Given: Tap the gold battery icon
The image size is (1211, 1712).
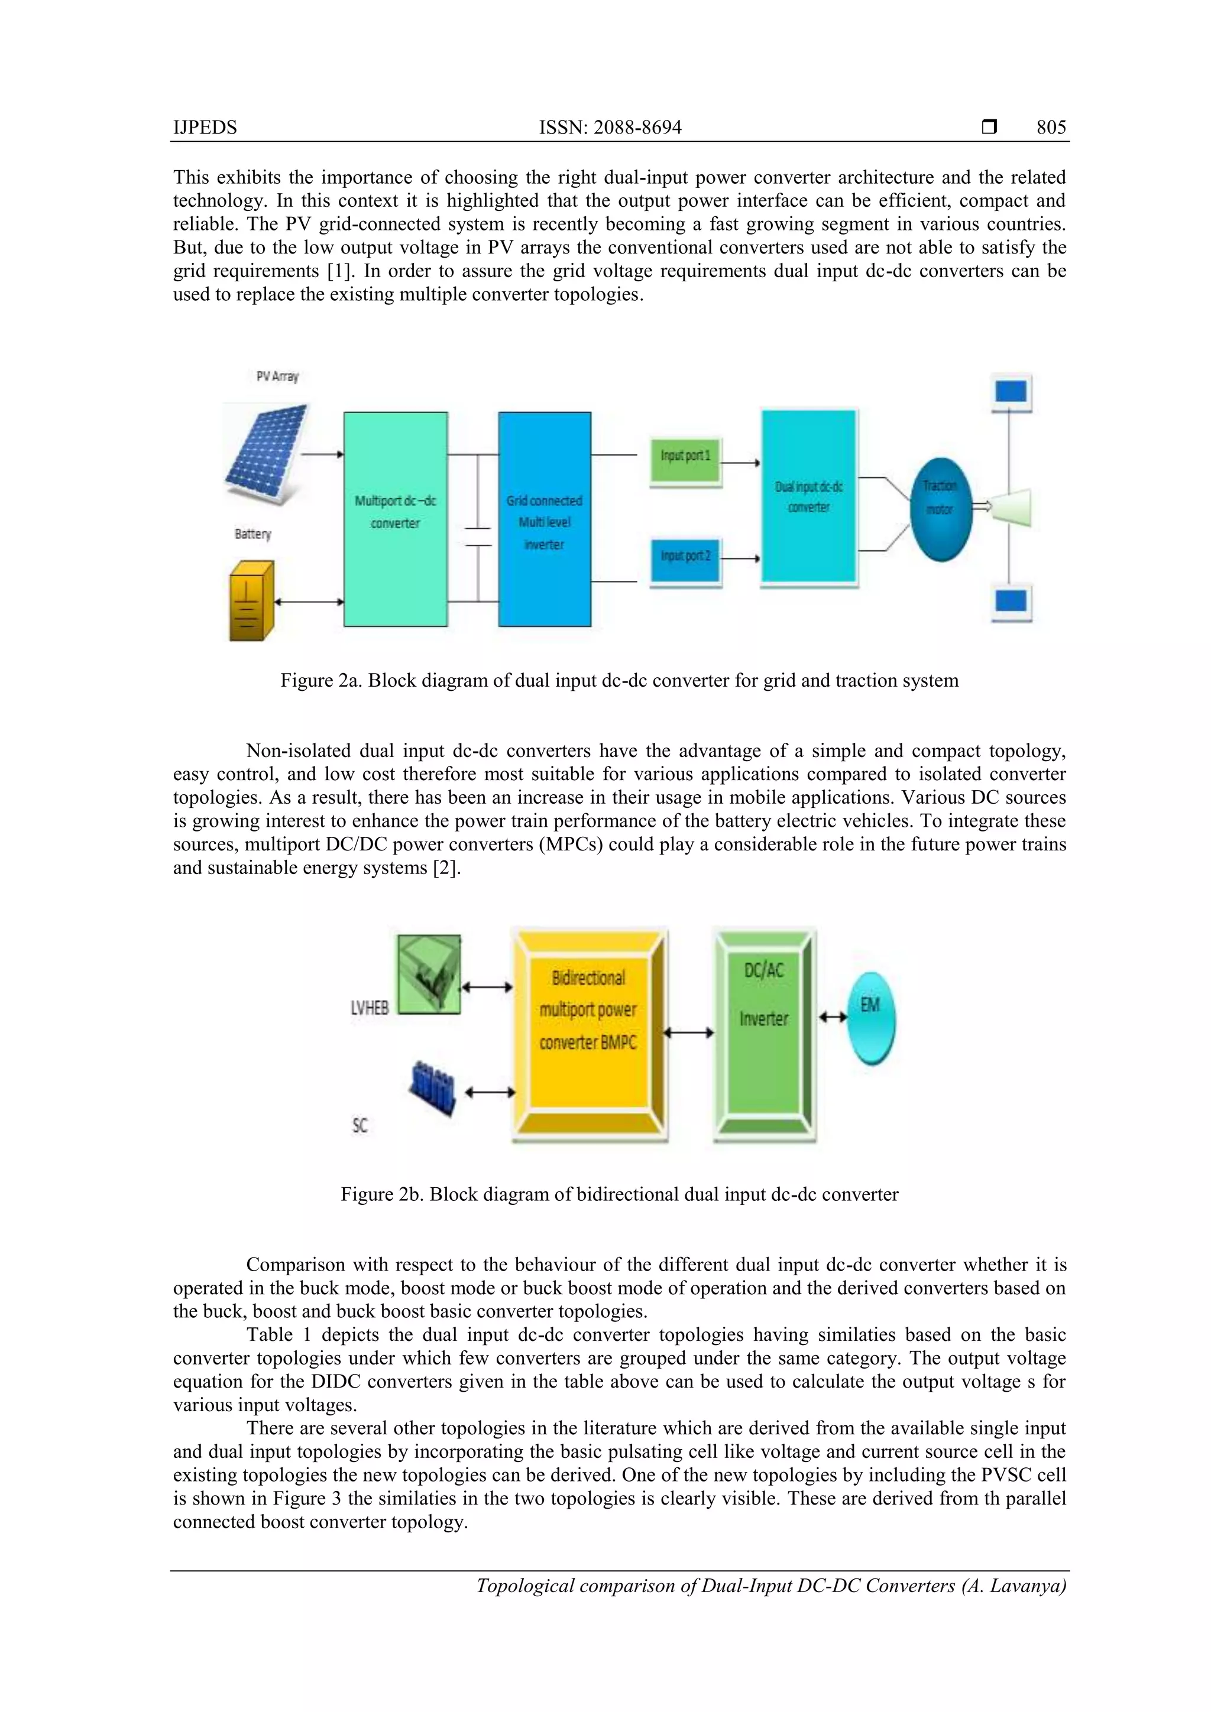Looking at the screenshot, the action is tap(251, 600).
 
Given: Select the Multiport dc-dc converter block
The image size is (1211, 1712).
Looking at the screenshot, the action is tap(396, 519).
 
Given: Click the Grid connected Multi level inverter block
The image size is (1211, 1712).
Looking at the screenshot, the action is tap(544, 519).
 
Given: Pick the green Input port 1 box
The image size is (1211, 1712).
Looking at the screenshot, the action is tap(685, 456).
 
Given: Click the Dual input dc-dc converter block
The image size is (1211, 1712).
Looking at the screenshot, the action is tap(809, 498).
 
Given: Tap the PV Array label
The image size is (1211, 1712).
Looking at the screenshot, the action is tap(277, 376).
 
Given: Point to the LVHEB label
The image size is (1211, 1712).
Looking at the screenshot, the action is tap(370, 1008).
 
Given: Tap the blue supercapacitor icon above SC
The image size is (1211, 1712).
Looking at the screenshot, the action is tap(433, 1088).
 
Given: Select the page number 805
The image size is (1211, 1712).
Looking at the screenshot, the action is tap(1051, 128).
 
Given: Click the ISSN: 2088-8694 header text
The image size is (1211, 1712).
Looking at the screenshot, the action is tap(610, 128).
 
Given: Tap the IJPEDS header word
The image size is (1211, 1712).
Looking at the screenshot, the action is tap(205, 128).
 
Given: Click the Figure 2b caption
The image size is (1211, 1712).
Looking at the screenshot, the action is tap(619, 1194).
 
